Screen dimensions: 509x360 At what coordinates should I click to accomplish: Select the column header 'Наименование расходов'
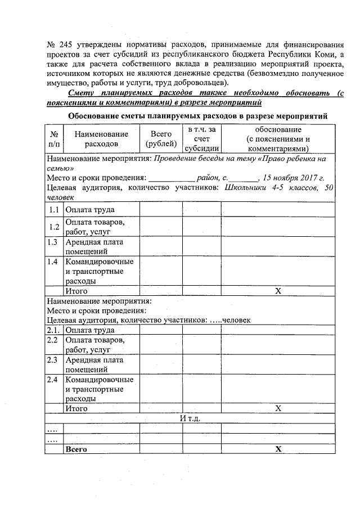(101, 139)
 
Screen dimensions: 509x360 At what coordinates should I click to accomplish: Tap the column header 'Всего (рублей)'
(161, 139)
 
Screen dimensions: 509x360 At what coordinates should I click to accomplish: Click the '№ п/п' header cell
(54, 139)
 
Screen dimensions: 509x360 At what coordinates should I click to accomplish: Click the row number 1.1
(54, 210)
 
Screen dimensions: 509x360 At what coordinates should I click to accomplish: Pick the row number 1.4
(54, 262)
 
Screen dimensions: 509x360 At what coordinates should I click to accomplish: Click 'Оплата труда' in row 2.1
(90, 330)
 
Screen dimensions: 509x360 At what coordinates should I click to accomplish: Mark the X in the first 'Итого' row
(277, 291)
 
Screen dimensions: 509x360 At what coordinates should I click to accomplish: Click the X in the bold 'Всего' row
(277, 449)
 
